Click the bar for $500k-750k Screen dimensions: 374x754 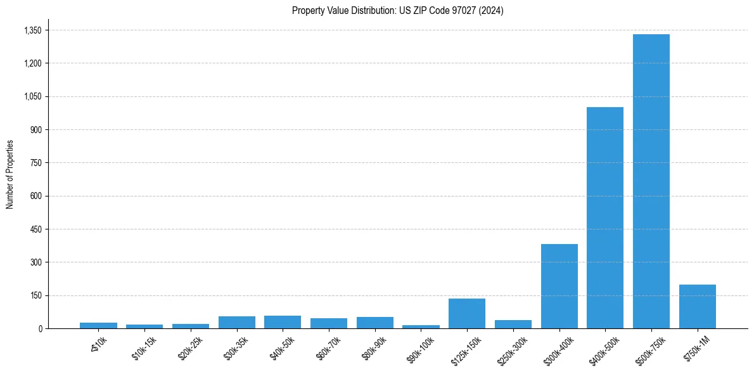[651, 181]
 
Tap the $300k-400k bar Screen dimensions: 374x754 [559, 286]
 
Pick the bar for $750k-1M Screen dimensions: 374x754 [697, 306]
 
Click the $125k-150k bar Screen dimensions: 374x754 [467, 313]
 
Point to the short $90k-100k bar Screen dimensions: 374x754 [421, 326]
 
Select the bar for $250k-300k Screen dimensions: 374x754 [513, 324]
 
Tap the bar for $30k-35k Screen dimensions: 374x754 [236, 322]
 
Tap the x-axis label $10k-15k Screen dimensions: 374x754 [143, 349]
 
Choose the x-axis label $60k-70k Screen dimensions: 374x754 [328, 349]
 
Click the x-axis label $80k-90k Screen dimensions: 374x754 [374, 349]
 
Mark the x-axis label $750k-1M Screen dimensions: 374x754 [697, 349]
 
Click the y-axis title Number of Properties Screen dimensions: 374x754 [10, 174]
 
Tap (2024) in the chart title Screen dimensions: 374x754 [492, 11]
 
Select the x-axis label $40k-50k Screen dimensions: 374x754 [281, 349]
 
